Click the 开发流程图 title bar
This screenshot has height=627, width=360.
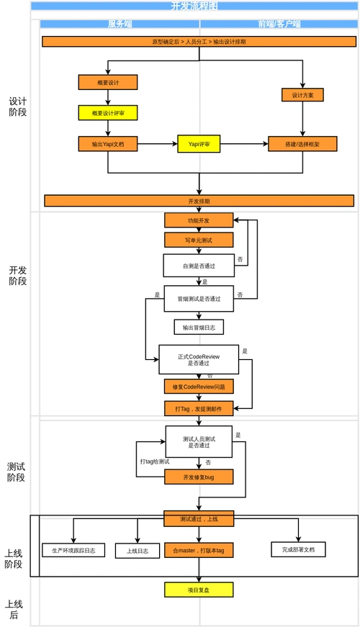pyautogui.click(x=194, y=6)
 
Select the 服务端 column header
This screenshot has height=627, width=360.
pyautogui.click(x=120, y=24)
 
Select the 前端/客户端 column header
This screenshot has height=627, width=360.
pyautogui.click(x=279, y=24)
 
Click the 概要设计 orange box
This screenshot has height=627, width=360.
pyautogui.click(x=107, y=83)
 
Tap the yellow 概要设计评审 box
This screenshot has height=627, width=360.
pyautogui.click(x=107, y=113)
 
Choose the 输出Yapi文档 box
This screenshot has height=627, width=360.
pyautogui.click(x=107, y=144)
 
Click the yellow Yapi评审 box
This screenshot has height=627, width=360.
pyautogui.click(x=199, y=144)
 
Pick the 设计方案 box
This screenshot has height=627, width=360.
pyautogui.click(x=302, y=95)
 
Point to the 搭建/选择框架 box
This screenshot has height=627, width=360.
pyautogui.click(x=302, y=144)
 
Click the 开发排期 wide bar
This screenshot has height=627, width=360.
pyautogui.click(x=199, y=201)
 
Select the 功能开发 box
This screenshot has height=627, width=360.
pyautogui.click(x=199, y=220)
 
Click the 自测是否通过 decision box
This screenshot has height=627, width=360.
pyautogui.click(x=199, y=265)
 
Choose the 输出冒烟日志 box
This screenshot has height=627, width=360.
pyautogui.click(x=199, y=327)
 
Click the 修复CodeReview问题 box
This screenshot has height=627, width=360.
pyautogui.click(x=199, y=387)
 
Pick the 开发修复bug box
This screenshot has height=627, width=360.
pyautogui.click(x=199, y=477)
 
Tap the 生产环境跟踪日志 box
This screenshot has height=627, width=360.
pyautogui.click(x=73, y=550)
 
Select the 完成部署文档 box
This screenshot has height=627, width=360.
pyautogui.click(x=298, y=549)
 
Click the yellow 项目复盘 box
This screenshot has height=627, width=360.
pyautogui.click(x=199, y=590)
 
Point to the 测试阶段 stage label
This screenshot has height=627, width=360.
pyautogui.click(x=17, y=472)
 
